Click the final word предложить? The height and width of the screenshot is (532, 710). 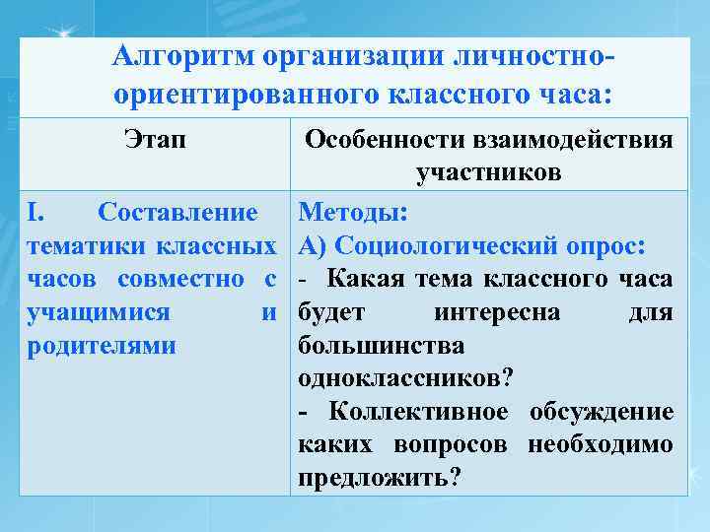[379, 478]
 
